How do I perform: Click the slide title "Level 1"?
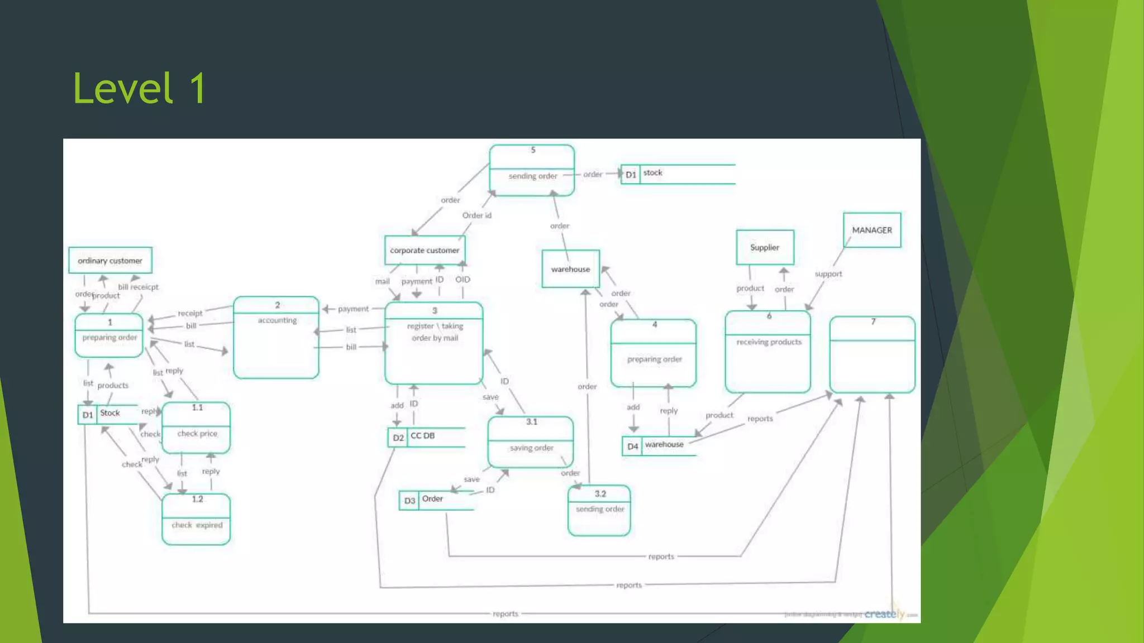coord(140,89)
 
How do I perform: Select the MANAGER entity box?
coord(871,230)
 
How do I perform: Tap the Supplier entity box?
coord(765,247)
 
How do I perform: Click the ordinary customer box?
coord(110,261)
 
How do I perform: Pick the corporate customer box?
coord(425,250)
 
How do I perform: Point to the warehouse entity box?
coord(570,269)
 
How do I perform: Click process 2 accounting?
coord(277,338)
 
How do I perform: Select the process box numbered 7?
coord(872,354)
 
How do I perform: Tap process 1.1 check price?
coord(196,428)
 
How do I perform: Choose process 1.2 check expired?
coord(196,519)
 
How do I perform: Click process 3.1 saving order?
coord(531,442)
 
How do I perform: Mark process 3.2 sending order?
coord(599,510)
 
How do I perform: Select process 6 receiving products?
coord(768,352)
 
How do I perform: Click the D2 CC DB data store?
coord(426,437)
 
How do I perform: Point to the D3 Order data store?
coord(436,500)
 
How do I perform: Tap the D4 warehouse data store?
coord(659,445)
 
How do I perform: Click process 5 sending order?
coord(532,170)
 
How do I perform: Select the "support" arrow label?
coord(828,274)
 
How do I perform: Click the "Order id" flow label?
coord(476,215)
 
